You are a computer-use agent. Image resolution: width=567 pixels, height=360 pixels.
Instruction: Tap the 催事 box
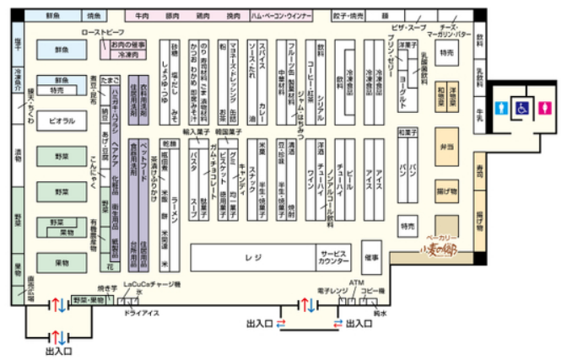click(373, 255)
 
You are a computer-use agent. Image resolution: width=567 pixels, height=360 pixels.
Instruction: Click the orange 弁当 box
click(447, 146)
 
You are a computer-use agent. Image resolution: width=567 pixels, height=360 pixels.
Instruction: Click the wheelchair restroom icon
click(523, 108)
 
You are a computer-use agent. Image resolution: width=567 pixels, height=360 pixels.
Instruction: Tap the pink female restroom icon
click(546, 108)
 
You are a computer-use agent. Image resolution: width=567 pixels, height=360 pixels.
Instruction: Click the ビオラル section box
click(61, 121)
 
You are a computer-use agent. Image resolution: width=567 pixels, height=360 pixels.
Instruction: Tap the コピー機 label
click(372, 290)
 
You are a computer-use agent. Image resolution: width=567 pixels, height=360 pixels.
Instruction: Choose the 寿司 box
click(478, 170)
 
